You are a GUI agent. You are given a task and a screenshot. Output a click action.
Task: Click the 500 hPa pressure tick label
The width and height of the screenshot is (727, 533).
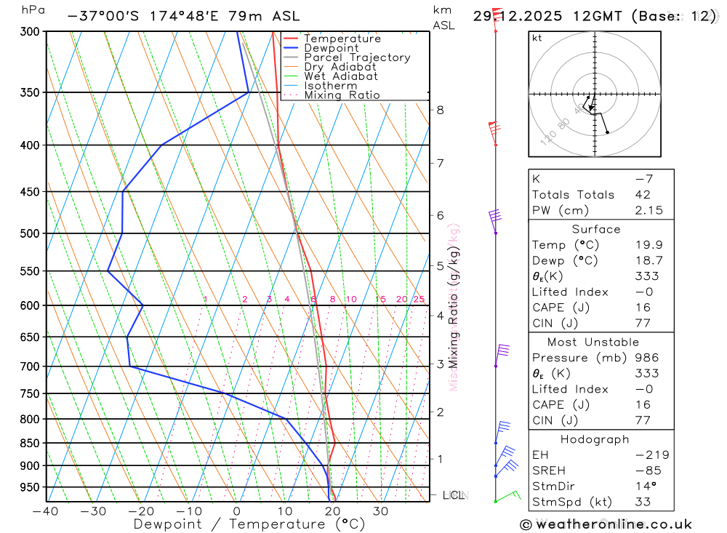30,233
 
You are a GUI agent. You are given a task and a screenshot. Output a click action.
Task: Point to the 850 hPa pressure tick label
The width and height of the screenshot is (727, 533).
30,443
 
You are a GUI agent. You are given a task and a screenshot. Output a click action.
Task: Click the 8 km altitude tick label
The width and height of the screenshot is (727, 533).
440,110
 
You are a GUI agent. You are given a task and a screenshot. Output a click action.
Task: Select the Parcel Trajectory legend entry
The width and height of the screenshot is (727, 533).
356,57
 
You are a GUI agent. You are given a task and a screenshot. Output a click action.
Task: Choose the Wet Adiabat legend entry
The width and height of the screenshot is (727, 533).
340,76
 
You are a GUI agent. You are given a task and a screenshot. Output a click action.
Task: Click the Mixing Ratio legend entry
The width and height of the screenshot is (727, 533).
342,95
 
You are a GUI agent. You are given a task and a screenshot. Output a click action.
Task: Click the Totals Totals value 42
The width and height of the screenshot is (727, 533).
643,194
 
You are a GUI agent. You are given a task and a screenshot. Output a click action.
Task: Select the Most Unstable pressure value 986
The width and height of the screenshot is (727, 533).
646,358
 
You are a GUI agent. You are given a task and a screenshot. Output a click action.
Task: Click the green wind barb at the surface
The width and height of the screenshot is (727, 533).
508,496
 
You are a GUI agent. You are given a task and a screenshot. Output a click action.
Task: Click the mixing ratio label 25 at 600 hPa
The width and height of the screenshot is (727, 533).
419,299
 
